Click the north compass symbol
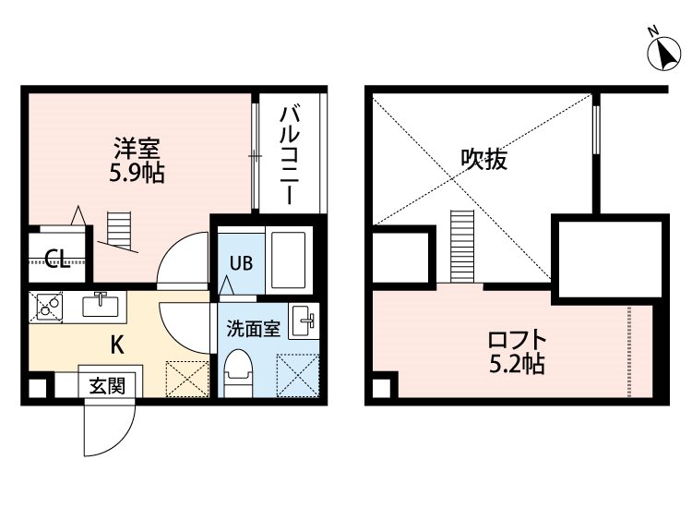tap(663, 53)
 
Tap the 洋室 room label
tap(137, 149)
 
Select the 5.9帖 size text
tap(137, 173)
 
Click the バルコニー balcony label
tap(289, 155)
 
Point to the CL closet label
tap(58, 260)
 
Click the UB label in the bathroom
tap(241, 263)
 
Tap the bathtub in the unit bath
tap(288, 260)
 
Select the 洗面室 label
tap(254, 329)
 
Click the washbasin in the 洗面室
tap(304, 321)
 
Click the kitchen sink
tap(101, 305)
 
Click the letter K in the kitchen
tap(117, 345)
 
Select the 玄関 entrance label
tap(107, 386)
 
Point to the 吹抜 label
tap(484, 160)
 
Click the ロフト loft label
tap(518, 340)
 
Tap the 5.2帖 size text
tap(517, 364)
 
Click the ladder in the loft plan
tap(462, 247)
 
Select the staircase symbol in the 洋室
tap(118, 231)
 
